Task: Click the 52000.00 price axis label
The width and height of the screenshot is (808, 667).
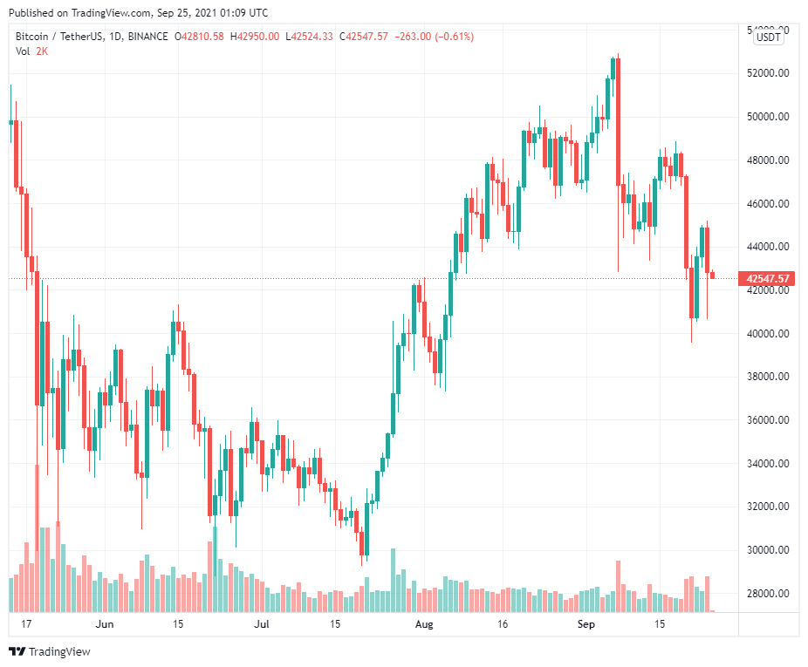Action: tap(769, 73)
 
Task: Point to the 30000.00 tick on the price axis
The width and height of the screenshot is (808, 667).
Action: tap(769, 550)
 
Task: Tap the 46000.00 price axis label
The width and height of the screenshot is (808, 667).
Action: tap(769, 204)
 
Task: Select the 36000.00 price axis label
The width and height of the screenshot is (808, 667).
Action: tap(769, 420)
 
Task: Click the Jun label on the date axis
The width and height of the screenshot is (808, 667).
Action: tap(105, 624)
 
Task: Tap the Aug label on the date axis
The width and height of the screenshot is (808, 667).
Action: tap(424, 624)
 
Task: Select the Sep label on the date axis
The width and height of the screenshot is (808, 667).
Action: tap(585, 624)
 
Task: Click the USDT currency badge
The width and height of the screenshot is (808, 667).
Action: tap(769, 37)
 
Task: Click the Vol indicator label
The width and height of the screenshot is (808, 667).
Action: tap(24, 51)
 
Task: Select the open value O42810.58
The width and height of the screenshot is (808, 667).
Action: tap(200, 37)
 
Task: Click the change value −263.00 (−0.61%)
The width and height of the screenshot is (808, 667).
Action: tap(435, 37)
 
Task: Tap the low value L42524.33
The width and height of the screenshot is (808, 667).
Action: tap(311, 37)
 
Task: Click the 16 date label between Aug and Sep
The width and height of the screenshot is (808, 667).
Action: tap(503, 624)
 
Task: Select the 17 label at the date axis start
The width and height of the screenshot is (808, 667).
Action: tap(26, 624)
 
